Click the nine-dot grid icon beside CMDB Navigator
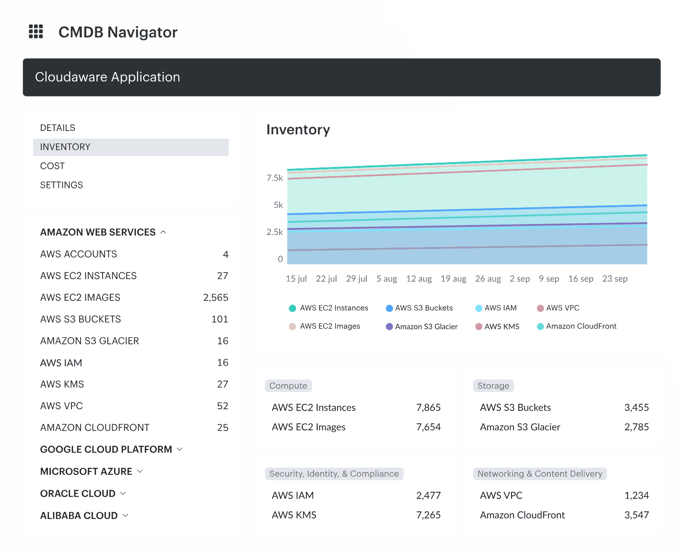[x=36, y=32]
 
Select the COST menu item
[x=52, y=166]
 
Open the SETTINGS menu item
[x=61, y=185]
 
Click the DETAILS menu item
[x=58, y=128]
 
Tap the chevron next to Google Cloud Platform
[x=180, y=450]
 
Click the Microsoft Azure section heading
[x=86, y=472]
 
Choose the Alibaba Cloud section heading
[x=79, y=516]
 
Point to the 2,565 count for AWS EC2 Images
[x=215, y=297]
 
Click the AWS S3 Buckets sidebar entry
[x=81, y=319]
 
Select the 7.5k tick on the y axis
[x=275, y=178]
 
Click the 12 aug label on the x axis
[x=419, y=279]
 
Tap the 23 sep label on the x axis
[x=615, y=279]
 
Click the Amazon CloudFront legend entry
[x=581, y=326]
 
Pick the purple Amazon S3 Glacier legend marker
[x=389, y=327]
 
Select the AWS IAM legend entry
[x=500, y=308]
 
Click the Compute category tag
[x=288, y=386]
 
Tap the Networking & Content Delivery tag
[x=539, y=474]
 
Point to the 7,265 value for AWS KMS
[x=428, y=515]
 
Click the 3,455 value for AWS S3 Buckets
[x=636, y=408]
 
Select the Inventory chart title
[x=298, y=130]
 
